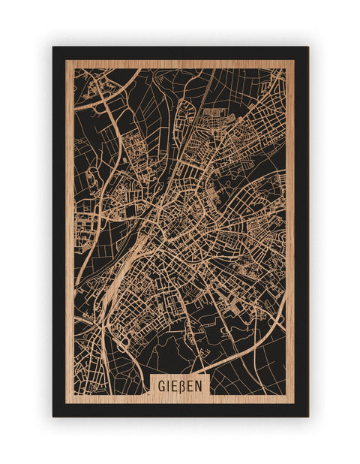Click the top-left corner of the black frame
coord(53,47)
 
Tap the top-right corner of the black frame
coord(307,47)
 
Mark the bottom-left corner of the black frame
coord(53,416)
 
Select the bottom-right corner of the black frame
coord(307,416)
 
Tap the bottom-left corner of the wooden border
coord(66,403)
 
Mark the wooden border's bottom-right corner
coord(294,403)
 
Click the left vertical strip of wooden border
coord(70,225)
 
